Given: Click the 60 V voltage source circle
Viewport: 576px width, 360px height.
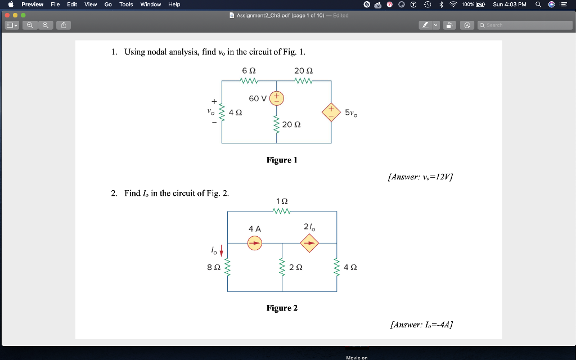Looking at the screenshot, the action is [276, 98].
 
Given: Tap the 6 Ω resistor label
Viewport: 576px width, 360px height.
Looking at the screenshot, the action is [249, 71].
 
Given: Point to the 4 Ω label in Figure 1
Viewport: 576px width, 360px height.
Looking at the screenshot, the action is [236, 112].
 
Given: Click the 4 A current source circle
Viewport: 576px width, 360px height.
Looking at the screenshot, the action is [255, 243].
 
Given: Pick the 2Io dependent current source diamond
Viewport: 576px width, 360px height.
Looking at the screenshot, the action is [309, 243].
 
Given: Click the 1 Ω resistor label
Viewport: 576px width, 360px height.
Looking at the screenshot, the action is [282, 201].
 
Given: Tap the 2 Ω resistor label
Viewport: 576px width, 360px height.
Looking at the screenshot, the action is [295, 268].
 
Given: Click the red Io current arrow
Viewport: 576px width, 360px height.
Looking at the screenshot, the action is [221, 250].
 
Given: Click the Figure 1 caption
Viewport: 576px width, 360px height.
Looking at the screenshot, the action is [282, 160].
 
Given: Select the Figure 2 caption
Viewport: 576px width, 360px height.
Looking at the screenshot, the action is [282, 308].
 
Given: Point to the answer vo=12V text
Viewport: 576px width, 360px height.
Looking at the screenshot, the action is [421, 177].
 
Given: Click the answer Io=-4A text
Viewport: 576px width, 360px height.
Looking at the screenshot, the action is [421, 325].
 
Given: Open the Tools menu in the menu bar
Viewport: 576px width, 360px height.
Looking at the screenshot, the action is [126, 4].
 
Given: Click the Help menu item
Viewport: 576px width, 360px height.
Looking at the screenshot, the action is [174, 4].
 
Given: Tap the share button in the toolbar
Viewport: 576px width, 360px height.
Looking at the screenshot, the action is [64, 25].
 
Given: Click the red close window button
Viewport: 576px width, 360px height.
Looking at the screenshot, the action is [7, 15].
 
